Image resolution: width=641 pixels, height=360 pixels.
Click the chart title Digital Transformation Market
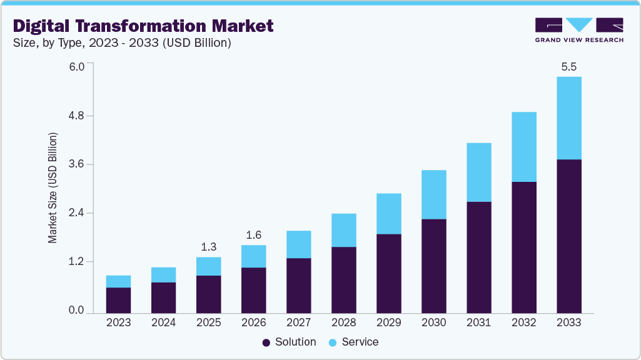pos(143,26)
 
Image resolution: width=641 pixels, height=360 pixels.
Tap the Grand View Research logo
pos(579,30)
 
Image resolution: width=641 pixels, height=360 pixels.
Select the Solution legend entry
pos(290,342)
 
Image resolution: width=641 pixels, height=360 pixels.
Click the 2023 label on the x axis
pos(118,322)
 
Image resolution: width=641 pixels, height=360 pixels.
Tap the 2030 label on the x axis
pos(433,322)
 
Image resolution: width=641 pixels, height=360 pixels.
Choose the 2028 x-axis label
pos(343,322)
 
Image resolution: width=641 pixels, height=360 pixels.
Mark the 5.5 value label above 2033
pos(568,67)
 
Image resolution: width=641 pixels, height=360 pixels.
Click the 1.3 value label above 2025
pos(208,247)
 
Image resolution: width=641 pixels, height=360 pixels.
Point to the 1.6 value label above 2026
pos(253,235)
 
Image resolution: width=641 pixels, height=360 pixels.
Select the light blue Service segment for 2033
pos(568,118)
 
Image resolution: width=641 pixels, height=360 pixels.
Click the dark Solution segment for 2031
pos(478,257)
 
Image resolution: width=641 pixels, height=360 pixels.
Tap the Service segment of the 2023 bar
pos(118,281)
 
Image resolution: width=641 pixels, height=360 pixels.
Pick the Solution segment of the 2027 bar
pos(298,285)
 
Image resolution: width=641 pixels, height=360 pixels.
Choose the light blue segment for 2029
pos(388,214)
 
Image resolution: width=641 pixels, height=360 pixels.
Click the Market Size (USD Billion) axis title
pos(53,188)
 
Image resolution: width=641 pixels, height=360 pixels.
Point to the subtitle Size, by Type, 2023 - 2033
pos(123,43)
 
